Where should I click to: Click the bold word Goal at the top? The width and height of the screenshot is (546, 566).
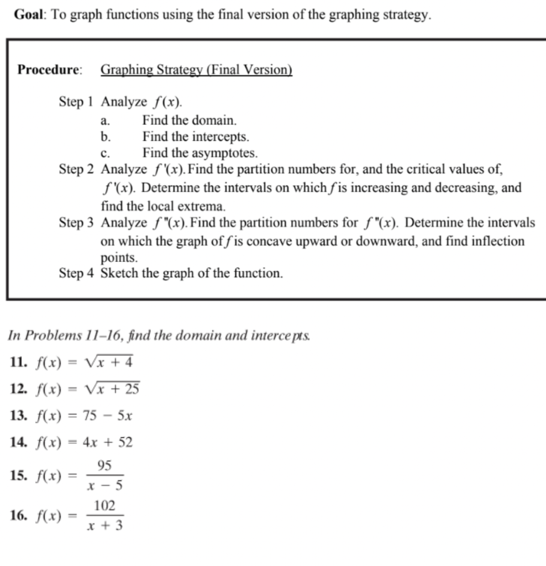(27, 15)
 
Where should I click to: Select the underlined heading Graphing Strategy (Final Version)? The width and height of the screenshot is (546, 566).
(196, 70)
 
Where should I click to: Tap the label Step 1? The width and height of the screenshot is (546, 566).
(76, 102)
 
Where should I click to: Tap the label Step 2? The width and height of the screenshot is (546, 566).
(76, 169)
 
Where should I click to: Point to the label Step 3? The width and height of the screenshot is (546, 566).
(76, 223)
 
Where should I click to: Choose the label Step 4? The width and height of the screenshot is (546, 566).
(76, 274)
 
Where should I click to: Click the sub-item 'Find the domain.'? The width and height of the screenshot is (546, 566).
(190, 119)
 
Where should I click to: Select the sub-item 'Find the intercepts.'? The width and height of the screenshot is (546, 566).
(196, 136)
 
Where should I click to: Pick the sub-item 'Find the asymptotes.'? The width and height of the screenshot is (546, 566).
(200, 152)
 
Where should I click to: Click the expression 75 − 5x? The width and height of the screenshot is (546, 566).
(107, 416)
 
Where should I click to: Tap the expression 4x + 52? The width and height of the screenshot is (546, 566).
(107, 442)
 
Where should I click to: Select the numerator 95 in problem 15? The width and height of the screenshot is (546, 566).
(105, 465)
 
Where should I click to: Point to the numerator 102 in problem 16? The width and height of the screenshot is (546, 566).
(105, 506)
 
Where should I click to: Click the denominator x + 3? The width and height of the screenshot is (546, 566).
(105, 526)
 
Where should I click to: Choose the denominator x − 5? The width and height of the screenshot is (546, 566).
(105, 486)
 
